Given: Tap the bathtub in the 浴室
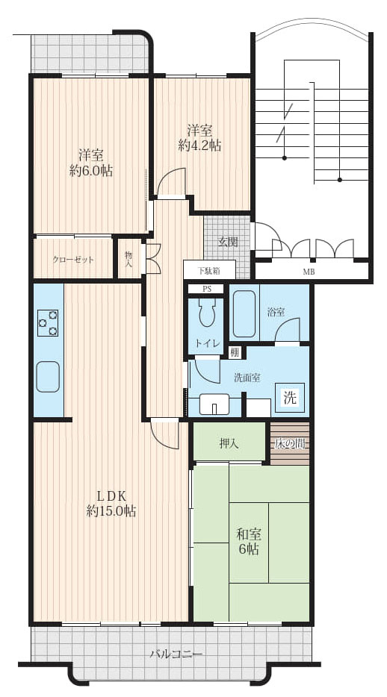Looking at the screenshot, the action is pos(244,314).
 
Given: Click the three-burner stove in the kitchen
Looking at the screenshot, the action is pos(48,322).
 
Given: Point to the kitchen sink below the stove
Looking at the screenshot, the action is pos(48,376).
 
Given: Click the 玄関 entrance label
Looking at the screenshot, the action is pos(227,243).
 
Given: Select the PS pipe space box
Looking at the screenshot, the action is pos(206,289).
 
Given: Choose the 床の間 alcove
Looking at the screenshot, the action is pos(290,443).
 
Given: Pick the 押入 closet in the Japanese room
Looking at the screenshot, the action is pos(229,443).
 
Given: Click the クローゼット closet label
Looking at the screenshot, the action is pos(73,260).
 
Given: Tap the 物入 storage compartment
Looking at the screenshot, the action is pos(129,259).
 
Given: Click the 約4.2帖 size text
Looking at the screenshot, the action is pos(199,146).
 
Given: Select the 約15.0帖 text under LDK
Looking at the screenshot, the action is pos(111,510).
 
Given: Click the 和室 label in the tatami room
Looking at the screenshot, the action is pos(249,534).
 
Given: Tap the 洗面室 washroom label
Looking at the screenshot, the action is pos(247,378).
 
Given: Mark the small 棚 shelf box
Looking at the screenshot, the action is pos(235,352).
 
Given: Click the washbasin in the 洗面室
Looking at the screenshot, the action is pos(214,404).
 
